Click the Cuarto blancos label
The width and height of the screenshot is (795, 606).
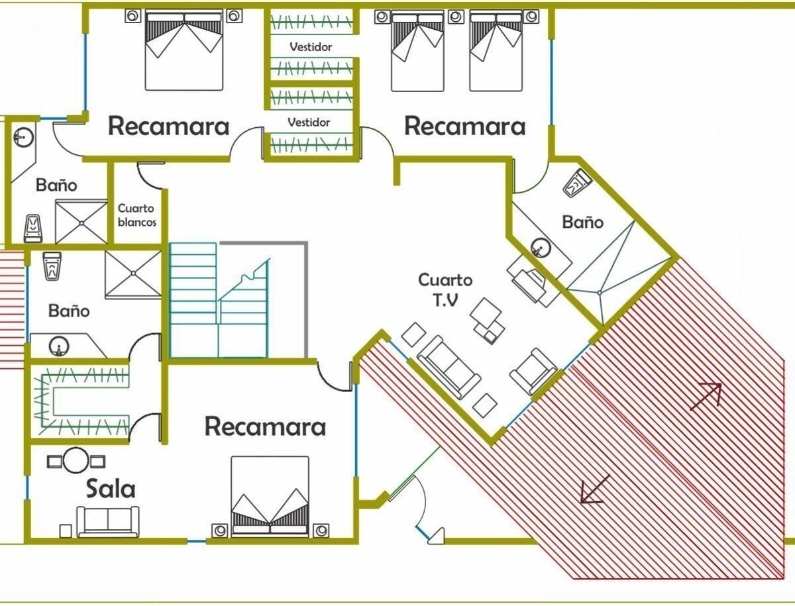click(137, 215)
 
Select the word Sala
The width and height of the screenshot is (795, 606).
click(111, 489)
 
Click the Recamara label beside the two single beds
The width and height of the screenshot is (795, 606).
click(465, 126)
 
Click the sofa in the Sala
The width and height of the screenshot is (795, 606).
click(109, 521)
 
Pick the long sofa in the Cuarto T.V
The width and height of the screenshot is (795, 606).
click(448, 368)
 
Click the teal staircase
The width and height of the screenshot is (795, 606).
click(219, 301)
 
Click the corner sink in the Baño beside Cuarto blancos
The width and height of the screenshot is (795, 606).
click(23, 138)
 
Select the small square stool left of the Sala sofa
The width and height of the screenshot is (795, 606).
click(66, 530)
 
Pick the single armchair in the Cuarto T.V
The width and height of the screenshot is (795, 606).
click(533, 370)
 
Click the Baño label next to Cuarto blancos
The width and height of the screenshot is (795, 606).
click(56, 185)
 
